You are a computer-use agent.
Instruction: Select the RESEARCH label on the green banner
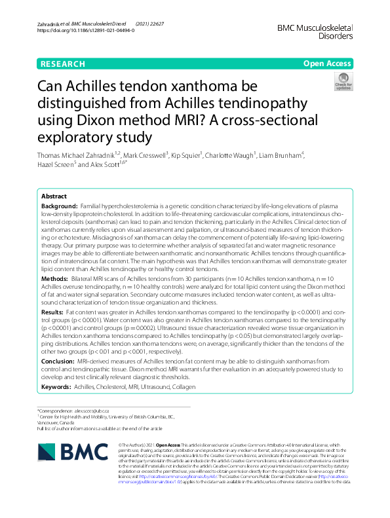pyautogui.click(x=62, y=64)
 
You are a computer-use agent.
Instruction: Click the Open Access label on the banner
pyautogui.click(x=326, y=64)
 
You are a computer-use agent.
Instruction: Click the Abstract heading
pyautogui.click(x=54, y=196)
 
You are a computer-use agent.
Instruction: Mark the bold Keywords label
pyautogui.click(x=57, y=388)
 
